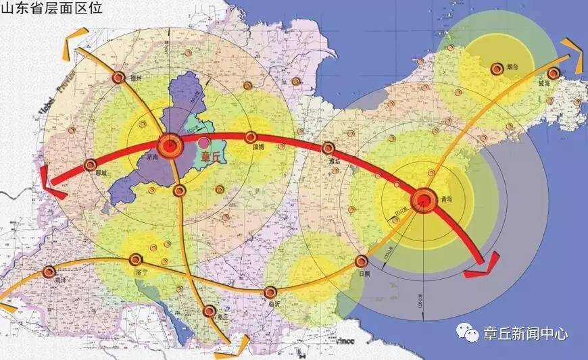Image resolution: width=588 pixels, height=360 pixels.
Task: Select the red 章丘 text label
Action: [211, 157]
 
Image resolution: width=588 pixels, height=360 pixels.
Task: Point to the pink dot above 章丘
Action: [203, 143]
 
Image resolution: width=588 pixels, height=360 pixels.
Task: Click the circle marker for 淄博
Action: [251, 137]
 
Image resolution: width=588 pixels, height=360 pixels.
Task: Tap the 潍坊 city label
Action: [333, 161]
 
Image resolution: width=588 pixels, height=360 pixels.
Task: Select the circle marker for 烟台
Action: [497, 68]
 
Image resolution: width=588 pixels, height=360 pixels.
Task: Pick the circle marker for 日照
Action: [362, 261]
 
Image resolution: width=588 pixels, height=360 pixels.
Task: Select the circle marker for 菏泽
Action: [49, 272]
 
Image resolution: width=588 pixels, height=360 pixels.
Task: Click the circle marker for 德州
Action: [118, 77]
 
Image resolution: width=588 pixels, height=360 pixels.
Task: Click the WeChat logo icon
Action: [466, 332]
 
